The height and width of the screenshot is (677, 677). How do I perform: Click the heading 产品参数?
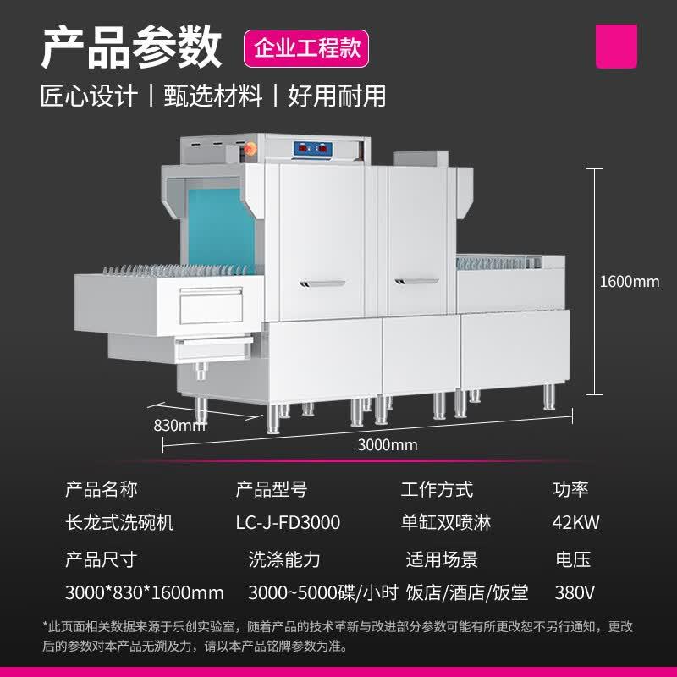pyautogui.click(x=131, y=47)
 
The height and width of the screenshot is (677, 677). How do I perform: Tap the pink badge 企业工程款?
pyautogui.click(x=307, y=47)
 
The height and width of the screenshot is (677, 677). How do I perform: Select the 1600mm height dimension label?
pyautogui.click(x=629, y=281)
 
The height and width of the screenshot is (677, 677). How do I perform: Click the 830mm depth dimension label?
pyautogui.click(x=179, y=425)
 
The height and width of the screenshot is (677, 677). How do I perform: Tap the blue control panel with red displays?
pyautogui.click(x=314, y=149)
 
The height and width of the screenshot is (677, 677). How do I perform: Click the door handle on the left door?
pyautogui.click(x=322, y=282)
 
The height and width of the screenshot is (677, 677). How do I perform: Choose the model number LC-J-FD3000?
pyautogui.click(x=288, y=523)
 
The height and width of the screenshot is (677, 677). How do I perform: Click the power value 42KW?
pyautogui.click(x=575, y=523)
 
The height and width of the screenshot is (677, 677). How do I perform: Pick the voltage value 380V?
pyautogui.click(x=575, y=592)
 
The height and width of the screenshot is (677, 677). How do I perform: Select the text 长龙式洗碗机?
pyautogui.click(x=119, y=523)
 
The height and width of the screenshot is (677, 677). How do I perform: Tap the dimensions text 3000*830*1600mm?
pyautogui.click(x=145, y=592)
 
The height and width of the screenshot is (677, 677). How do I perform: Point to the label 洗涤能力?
pyautogui.click(x=284, y=559)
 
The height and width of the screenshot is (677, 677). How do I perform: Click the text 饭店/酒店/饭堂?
pyautogui.click(x=467, y=592)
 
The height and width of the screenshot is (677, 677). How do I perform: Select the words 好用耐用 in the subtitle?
pyautogui.click(x=337, y=96)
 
